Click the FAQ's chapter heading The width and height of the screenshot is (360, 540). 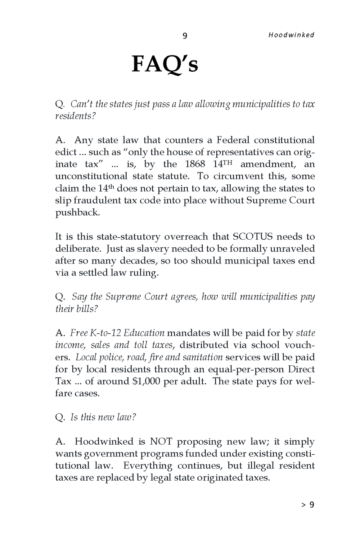[165, 65]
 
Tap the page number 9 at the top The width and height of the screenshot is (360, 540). [185, 35]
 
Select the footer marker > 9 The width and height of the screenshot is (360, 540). [308, 505]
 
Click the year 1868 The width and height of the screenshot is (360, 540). [196, 164]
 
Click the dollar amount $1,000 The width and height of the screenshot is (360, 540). [146, 381]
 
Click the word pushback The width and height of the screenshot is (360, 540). [77, 212]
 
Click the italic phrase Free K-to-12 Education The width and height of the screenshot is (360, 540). [117, 333]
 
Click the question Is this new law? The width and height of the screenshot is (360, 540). [96, 417]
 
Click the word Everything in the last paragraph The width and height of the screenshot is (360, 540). [148, 465]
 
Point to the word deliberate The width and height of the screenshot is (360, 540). [76, 249]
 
